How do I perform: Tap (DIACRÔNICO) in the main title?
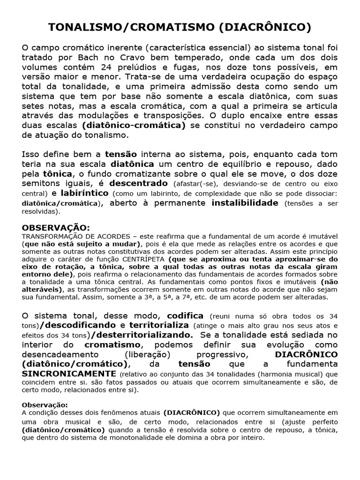(x=265, y=28)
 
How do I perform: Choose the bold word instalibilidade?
(x=245, y=203)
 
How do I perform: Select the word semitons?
(x=40, y=183)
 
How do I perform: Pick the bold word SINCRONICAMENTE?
(x=69, y=374)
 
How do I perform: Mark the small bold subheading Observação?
(x=45, y=405)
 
